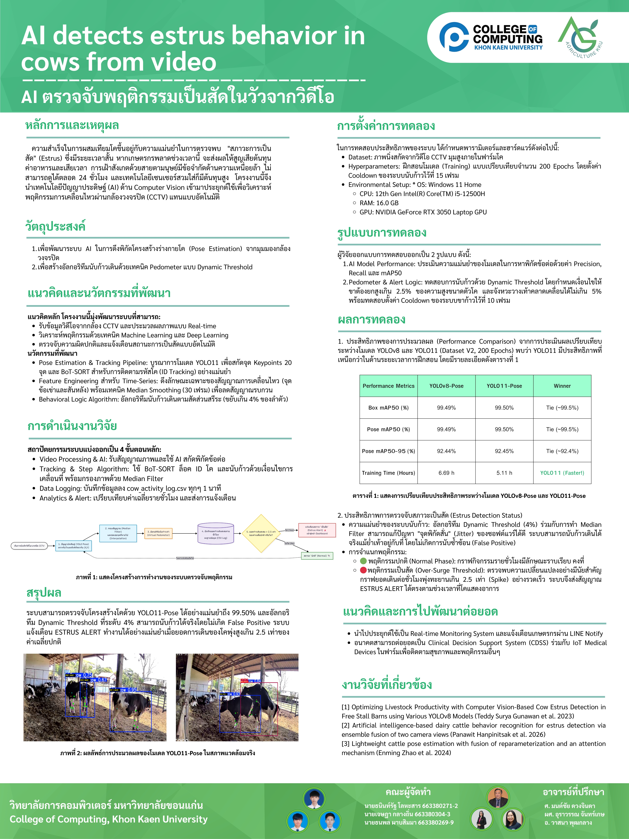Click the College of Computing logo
tap(491, 37)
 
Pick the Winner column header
tap(562, 386)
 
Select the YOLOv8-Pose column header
tap(446, 386)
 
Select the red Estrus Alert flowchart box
tap(317, 530)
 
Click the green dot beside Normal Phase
tap(363, 561)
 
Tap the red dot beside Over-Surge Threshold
tap(363, 570)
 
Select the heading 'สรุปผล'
tap(44, 593)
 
